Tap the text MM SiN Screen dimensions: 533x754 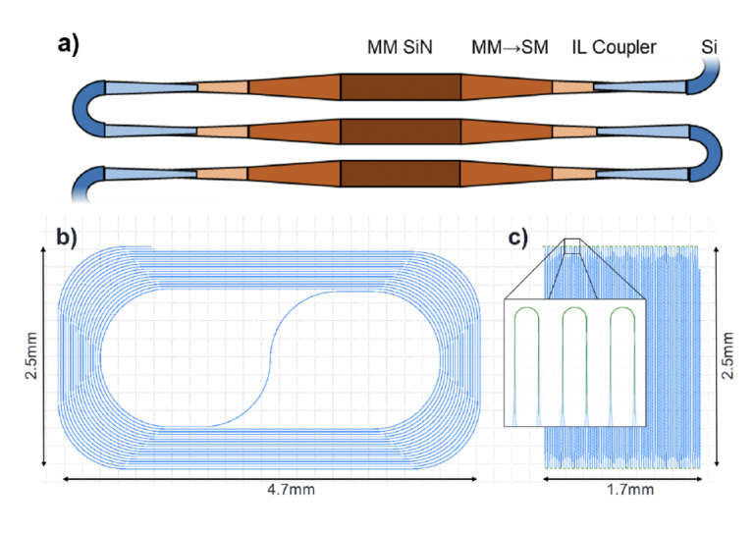pyautogui.click(x=401, y=47)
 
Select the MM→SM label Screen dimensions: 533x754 pyautogui.click(x=511, y=47)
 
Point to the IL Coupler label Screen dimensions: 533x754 pyautogui.click(x=614, y=47)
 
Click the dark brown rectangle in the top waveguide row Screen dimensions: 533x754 pyautogui.click(x=401, y=86)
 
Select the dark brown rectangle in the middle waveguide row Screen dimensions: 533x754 pyautogui.click(x=401, y=131)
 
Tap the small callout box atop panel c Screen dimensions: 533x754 pyautogui.click(x=573, y=247)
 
